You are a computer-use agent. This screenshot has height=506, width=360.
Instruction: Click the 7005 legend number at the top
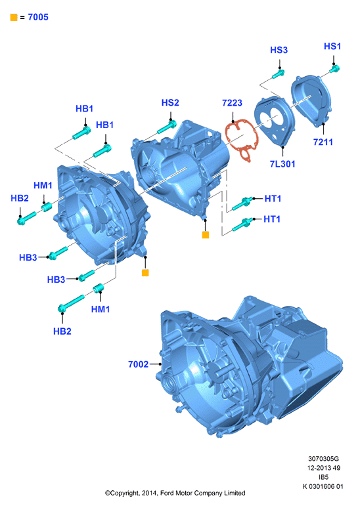tap(38, 17)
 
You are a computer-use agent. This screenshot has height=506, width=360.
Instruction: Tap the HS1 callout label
tap(332, 47)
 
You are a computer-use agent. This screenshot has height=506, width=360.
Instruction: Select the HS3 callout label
tap(279, 50)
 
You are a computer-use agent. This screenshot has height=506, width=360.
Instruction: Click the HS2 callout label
tap(170, 102)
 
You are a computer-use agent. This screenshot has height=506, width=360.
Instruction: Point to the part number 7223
tap(232, 103)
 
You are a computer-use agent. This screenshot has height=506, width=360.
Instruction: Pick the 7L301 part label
tap(282, 164)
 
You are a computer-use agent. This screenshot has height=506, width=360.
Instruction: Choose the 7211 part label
tap(323, 142)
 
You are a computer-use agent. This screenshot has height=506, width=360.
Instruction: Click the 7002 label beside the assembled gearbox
tap(139, 364)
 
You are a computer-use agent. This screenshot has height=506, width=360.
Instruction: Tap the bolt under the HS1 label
tap(335, 69)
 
